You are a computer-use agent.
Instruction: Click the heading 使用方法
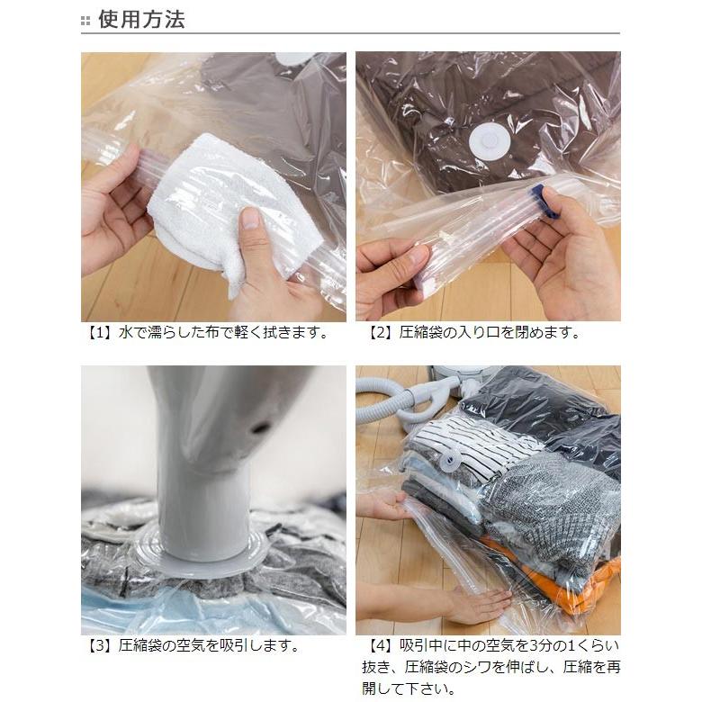tap(141, 20)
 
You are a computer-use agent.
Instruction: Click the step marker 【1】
tap(97, 333)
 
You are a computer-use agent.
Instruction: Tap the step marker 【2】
tap(382, 333)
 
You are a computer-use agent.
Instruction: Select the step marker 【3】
tap(97, 646)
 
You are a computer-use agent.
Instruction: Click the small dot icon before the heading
tap(85, 21)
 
